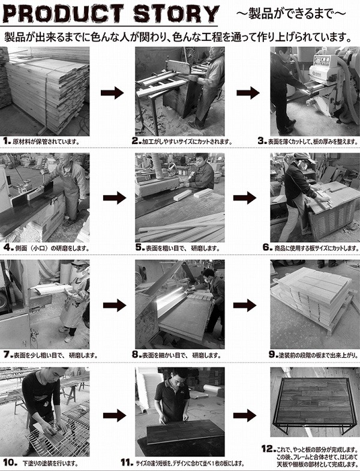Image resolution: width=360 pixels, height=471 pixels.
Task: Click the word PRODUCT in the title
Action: [64, 14]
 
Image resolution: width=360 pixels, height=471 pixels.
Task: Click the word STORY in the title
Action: [176, 14]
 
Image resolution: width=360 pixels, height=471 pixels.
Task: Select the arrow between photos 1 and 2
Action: [112, 93]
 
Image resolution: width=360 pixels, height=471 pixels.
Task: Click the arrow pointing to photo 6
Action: [245, 198]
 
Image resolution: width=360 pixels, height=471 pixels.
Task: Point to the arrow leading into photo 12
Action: [245, 415]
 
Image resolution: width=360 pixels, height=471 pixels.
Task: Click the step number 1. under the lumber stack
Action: [8, 141]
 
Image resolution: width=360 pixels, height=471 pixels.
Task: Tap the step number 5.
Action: [140, 248]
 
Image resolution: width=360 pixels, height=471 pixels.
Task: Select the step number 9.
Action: [274, 355]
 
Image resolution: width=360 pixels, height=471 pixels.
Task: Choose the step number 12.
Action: [269, 449]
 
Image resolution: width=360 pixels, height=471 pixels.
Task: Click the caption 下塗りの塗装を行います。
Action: [50, 463]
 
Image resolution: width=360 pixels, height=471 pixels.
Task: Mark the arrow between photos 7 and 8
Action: [115, 305]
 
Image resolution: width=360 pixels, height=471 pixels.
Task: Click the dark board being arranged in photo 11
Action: [185, 433]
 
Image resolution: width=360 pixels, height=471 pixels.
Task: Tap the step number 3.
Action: [262, 141]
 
